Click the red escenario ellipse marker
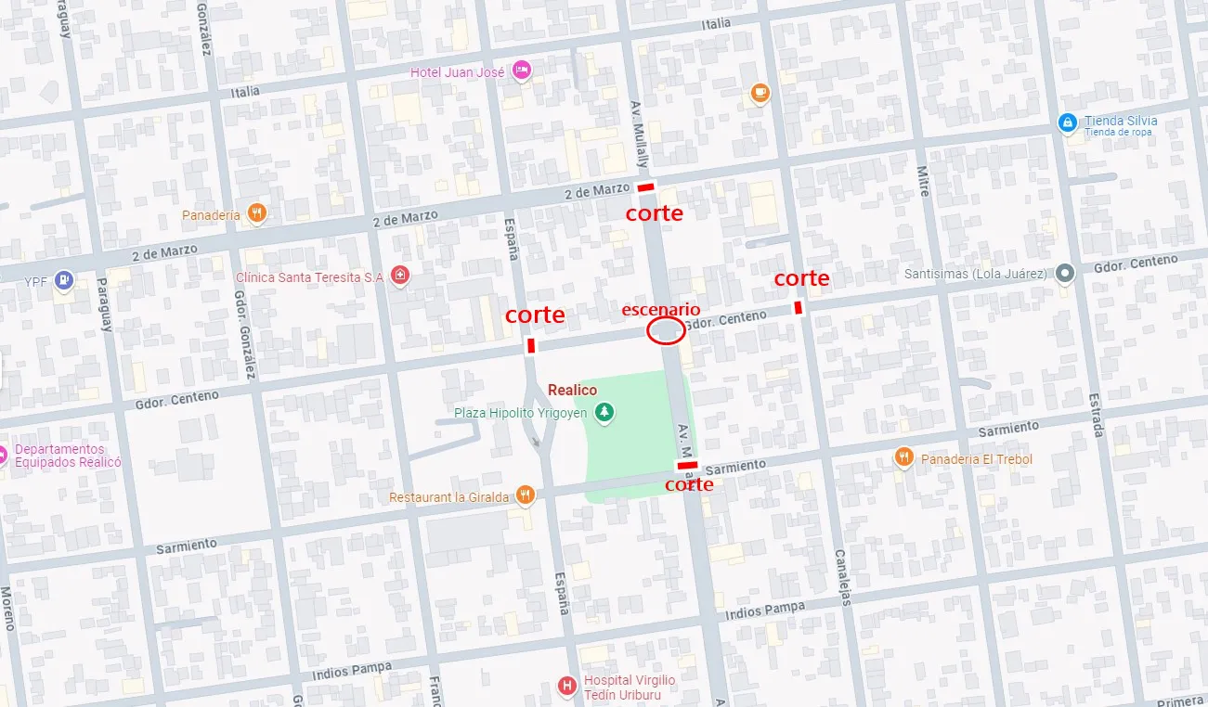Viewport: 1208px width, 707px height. click(x=665, y=330)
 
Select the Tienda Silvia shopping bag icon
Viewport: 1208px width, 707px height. click(x=1068, y=122)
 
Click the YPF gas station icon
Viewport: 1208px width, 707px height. click(x=63, y=279)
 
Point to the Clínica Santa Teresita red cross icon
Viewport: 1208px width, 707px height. click(x=399, y=276)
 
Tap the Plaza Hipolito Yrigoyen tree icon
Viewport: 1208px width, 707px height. click(x=604, y=412)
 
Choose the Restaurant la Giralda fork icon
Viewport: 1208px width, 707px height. click(x=526, y=495)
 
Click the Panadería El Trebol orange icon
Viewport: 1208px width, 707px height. click(x=903, y=457)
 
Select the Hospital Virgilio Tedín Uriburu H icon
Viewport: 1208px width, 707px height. click(x=566, y=686)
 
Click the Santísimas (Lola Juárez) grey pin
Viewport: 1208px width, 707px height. click(x=1065, y=274)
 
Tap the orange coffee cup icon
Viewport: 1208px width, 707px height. click(x=760, y=93)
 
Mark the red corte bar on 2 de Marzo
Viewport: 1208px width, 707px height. click(x=646, y=188)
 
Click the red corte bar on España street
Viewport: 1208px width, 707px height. click(x=531, y=346)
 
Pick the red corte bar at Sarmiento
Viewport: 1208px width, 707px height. click(x=687, y=465)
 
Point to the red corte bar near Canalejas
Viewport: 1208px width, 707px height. click(x=798, y=307)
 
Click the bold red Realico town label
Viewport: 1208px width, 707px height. click(x=572, y=391)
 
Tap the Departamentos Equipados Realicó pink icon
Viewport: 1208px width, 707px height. click(x=3, y=454)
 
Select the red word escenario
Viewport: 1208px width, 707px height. click(x=661, y=309)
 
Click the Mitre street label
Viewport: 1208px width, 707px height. click(x=923, y=183)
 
